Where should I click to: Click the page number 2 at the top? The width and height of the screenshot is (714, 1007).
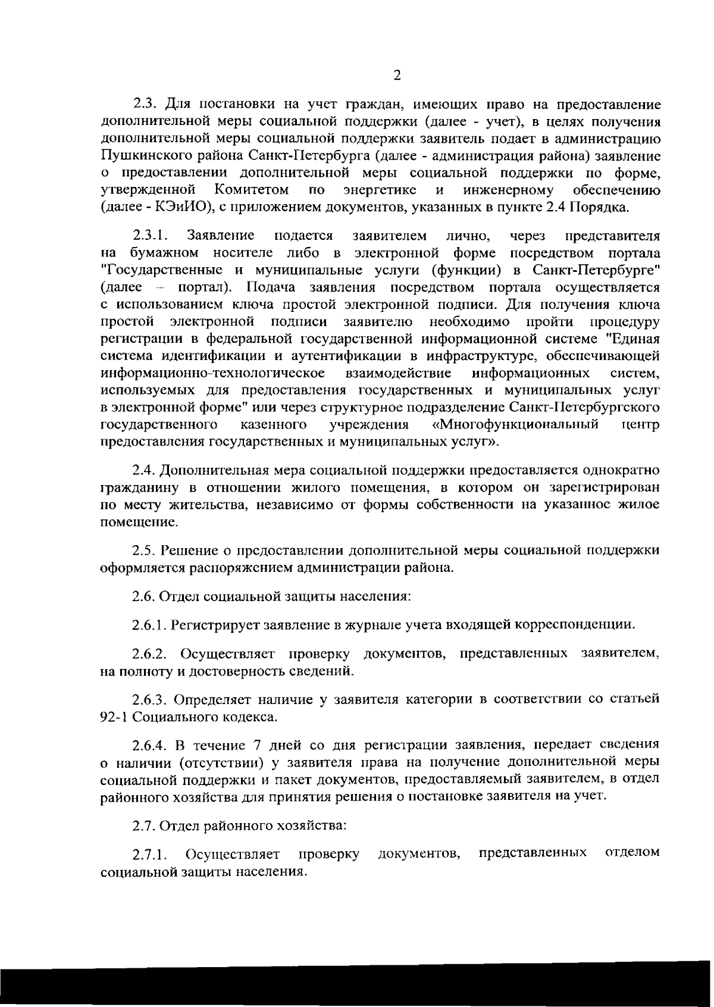(397, 75)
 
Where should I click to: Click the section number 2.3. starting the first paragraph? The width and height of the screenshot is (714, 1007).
(145, 104)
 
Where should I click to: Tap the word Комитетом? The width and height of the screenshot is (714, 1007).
(252, 191)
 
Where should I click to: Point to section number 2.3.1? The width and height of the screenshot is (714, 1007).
(152, 236)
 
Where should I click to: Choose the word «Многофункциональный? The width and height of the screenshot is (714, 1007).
(515, 425)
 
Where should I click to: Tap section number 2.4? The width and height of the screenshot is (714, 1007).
(143, 471)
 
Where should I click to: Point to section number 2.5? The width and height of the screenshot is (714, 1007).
(143, 551)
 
